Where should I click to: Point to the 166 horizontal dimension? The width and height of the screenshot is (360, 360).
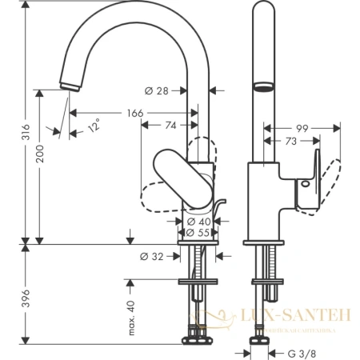tap(134, 114)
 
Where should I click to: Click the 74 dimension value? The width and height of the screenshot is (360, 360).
tap(171, 125)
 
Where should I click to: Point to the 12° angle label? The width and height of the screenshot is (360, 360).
tap(95, 126)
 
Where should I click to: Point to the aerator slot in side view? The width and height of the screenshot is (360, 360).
tap(263, 86)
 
